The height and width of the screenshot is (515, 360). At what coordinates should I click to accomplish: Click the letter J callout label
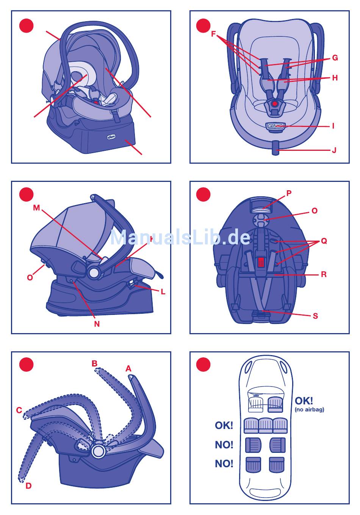[x=334, y=150]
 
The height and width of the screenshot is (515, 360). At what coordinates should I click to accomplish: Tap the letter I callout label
[x=333, y=126]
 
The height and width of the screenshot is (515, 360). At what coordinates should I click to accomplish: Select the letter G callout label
[x=335, y=58]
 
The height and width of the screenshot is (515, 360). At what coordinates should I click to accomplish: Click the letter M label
[x=36, y=208]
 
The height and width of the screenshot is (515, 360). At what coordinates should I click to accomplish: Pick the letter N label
[x=97, y=324]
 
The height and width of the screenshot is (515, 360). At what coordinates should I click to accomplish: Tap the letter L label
[x=163, y=292]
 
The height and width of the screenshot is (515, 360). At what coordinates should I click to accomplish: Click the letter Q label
[x=324, y=241]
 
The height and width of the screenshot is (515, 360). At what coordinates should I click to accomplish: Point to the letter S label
[x=315, y=316]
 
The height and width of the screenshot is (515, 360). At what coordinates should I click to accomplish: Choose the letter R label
[x=324, y=275]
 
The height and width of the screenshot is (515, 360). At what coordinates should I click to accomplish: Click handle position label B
[x=94, y=364]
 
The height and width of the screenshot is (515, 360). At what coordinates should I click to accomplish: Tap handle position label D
[x=28, y=486]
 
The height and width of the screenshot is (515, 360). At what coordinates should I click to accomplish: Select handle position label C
[x=19, y=410]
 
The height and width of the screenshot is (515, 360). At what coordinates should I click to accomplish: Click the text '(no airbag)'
[x=309, y=410]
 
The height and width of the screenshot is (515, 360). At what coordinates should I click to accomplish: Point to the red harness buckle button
[x=275, y=103]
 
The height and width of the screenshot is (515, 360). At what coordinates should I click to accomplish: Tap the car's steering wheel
[x=257, y=395]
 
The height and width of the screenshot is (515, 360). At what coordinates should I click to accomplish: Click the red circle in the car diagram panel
[x=203, y=365]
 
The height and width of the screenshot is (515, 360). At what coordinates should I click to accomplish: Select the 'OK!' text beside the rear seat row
[x=224, y=426]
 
